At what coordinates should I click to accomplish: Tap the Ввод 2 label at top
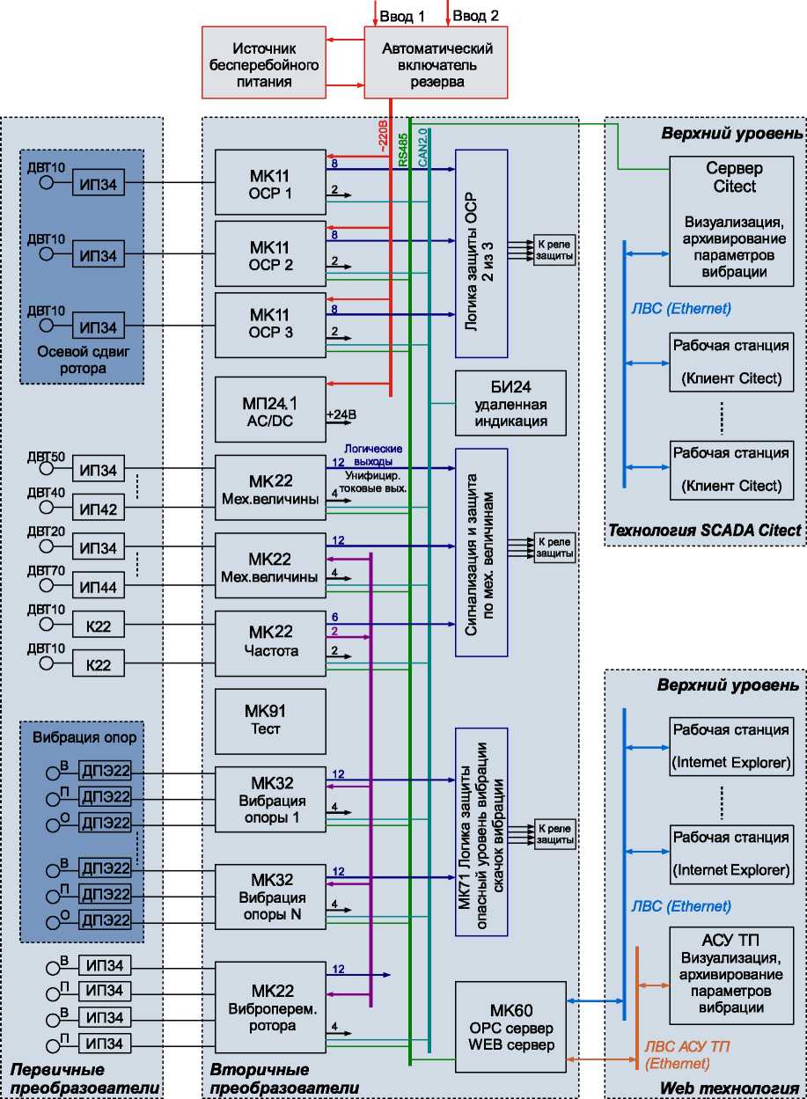click(477, 16)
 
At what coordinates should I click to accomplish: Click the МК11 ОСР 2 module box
click(270, 253)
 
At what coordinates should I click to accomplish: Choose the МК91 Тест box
click(270, 721)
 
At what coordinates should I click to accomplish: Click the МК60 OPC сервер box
click(510, 1026)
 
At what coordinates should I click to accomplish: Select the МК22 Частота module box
click(270, 641)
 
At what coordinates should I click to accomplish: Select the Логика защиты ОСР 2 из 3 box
click(481, 253)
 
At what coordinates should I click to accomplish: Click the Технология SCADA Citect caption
click(704, 530)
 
